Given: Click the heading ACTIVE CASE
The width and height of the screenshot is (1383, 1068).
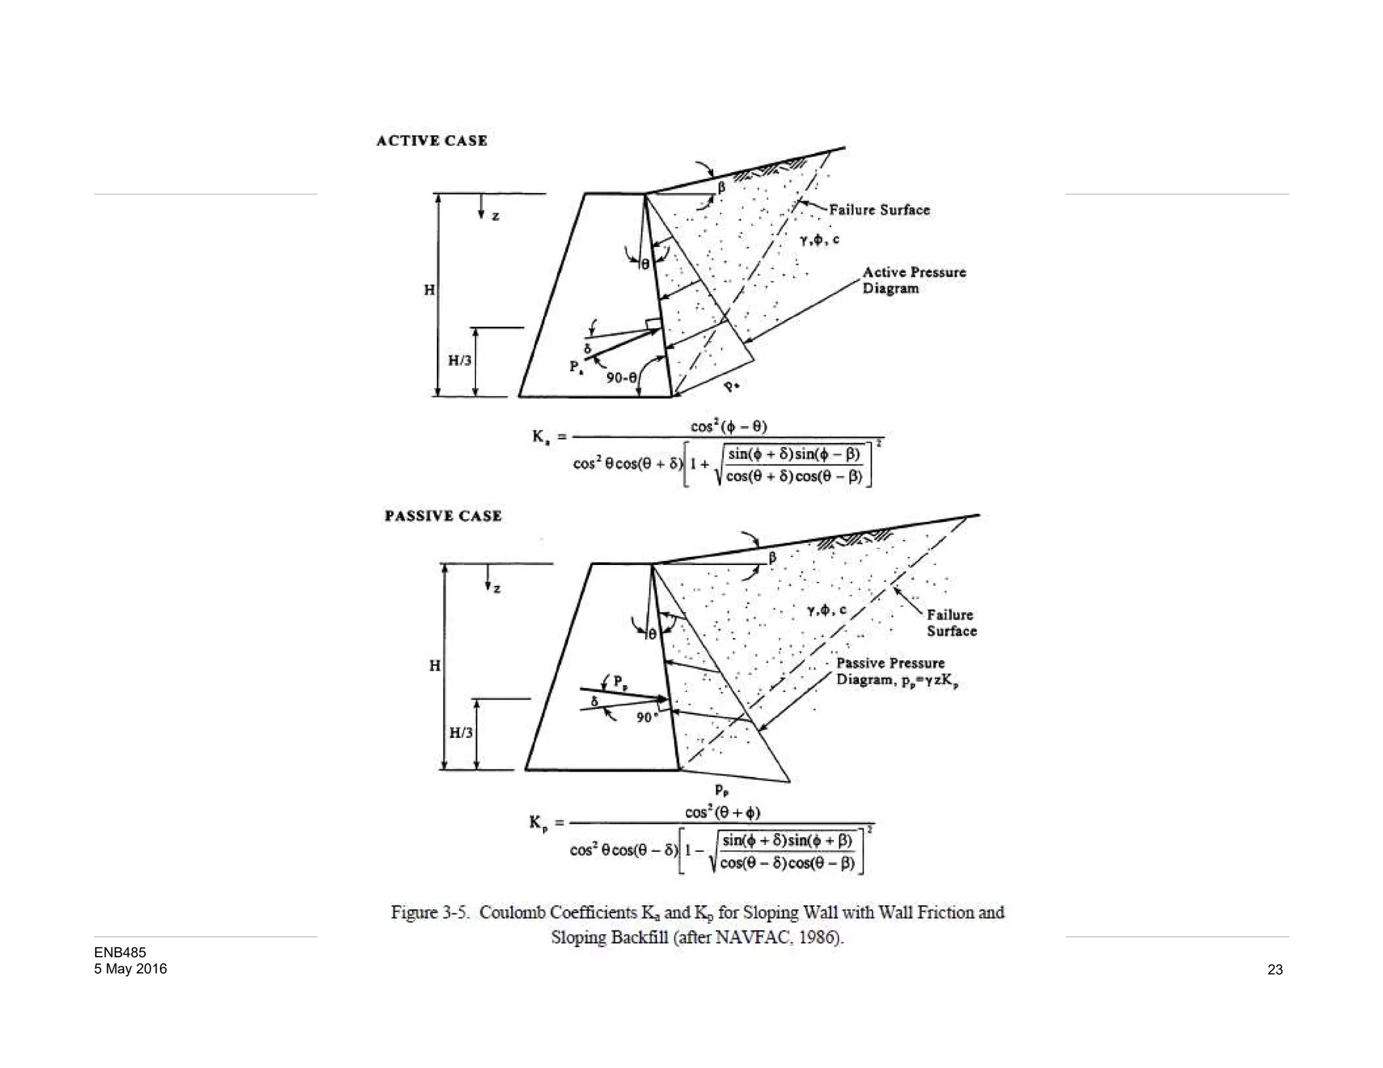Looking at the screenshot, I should (432, 140).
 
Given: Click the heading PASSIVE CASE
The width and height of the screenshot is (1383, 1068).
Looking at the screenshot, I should (443, 516).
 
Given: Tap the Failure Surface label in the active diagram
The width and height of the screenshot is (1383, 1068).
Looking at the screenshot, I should (879, 210).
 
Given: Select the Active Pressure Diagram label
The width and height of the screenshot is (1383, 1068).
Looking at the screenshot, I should (914, 280).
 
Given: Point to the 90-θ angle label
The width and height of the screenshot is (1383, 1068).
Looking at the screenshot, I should (621, 378).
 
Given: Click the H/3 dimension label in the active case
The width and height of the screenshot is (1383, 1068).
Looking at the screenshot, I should (460, 361).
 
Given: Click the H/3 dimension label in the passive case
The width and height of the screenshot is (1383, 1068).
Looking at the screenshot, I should (461, 732).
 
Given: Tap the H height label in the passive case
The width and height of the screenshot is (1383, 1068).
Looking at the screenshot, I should (435, 666).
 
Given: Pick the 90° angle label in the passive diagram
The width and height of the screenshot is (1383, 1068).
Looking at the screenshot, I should (646, 717).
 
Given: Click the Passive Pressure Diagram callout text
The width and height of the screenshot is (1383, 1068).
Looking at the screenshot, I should (897, 672).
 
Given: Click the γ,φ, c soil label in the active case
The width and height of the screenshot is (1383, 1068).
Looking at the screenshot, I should (819, 240).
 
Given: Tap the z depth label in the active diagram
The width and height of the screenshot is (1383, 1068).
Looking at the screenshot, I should (495, 217).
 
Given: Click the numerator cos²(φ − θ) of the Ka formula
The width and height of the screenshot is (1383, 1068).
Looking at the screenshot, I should (729, 427).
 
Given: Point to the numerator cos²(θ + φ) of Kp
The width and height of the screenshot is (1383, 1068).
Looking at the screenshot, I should (723, 812).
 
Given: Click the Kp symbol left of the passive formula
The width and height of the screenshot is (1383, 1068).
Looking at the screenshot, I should (538, 823).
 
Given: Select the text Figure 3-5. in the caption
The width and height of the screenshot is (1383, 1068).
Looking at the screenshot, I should (430, 913).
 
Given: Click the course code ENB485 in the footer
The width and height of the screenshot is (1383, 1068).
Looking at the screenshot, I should (120, 953).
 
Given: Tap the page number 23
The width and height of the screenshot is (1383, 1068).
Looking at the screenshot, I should (1275, 969).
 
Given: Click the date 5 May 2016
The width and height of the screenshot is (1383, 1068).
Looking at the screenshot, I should (130, 969).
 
